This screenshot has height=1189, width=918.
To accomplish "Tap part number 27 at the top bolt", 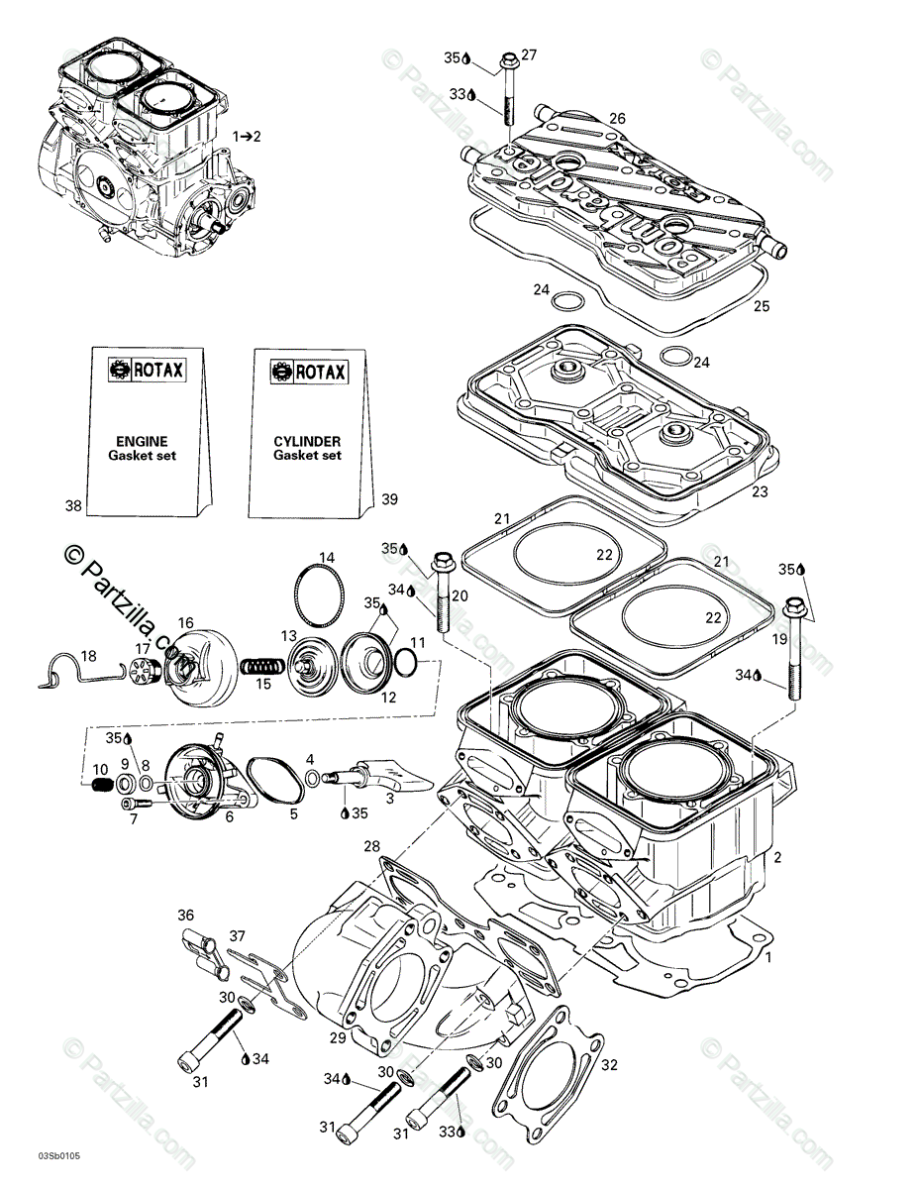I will tap(529, 54).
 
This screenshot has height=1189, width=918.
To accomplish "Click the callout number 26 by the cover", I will tap(617, 119).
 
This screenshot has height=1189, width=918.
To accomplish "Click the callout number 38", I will tap(73, 505).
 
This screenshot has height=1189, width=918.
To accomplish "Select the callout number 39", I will tap(389, 499).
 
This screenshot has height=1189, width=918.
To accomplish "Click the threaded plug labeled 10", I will tap(99, 786).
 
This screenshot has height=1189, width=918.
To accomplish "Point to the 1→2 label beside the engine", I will tap(247, 136).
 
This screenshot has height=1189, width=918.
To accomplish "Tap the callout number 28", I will tap(371, 846).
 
